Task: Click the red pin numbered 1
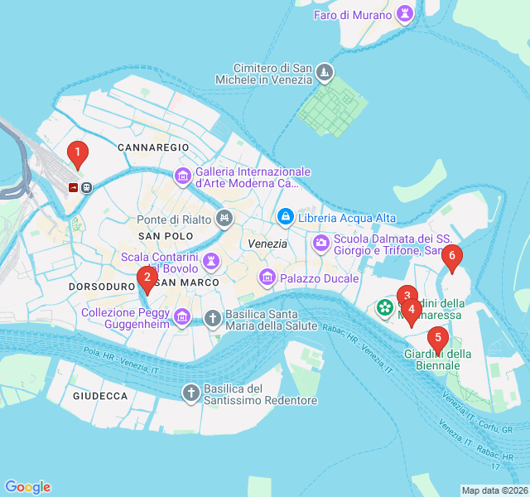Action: point(77,152)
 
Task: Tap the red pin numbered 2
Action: point(147,278)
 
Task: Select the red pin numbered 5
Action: point(438,338)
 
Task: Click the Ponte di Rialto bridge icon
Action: point(223,220)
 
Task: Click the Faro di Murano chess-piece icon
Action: point(405,13)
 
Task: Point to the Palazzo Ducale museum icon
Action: point(267,276)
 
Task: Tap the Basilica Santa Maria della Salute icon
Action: point(213,317)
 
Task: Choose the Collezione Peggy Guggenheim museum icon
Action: point(182,316)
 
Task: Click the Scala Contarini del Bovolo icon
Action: point(213,260)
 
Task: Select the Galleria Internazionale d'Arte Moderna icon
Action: point(182,176)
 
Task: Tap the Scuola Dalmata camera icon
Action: point(320,244)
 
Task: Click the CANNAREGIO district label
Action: point(154,147)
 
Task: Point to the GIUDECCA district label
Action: point(100,396)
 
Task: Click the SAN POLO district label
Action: point(160,236)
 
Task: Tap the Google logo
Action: point(27,487)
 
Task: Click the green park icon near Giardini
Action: point(385,308)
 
